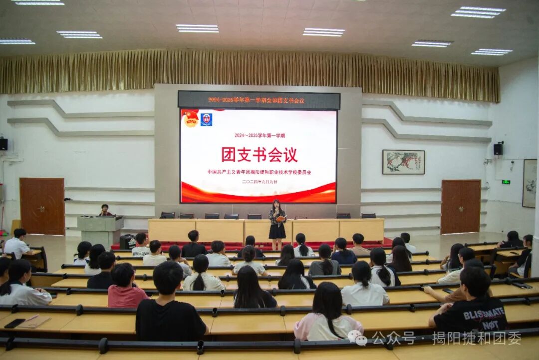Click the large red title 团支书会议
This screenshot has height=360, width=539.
[259, 155]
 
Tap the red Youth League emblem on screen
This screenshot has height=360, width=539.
[190, 119]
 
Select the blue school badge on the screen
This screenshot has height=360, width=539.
[206, 119]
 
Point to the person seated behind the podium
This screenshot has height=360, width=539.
[105, 210]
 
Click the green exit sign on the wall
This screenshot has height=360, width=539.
[506, 182]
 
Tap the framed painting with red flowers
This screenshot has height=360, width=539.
[403, 162]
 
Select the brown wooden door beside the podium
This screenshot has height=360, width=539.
[42, 206]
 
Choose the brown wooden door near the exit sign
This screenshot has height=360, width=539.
[460, 206]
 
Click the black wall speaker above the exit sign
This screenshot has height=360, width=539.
[498, 149]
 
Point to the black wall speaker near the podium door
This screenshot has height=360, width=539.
[3, 144]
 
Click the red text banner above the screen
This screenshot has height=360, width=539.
[259, 100]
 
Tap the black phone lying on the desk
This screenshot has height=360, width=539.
[14, 323]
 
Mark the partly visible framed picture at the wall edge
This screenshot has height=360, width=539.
[529, 183]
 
